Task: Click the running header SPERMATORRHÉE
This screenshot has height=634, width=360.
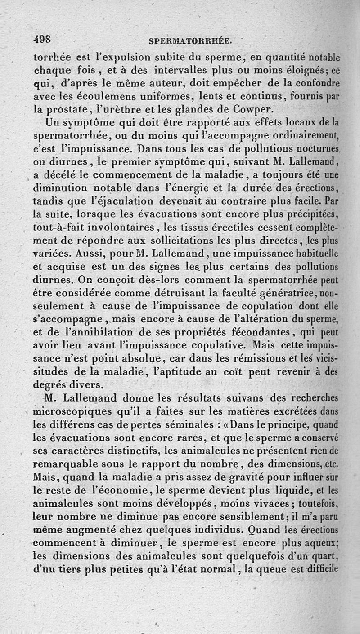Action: [x=190, y=42]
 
